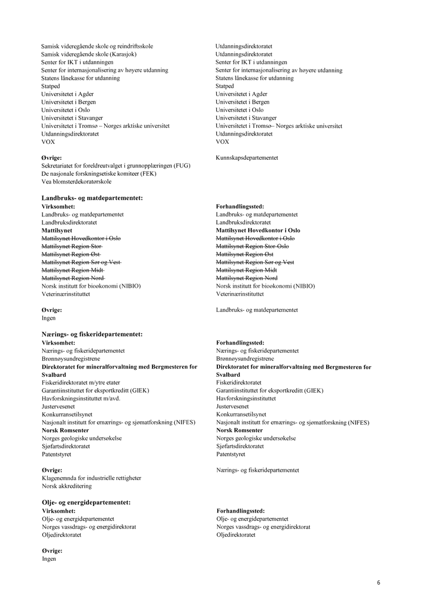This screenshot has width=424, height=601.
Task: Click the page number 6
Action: tap(379, 583)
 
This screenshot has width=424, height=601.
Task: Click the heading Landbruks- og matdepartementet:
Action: tap(92, 198)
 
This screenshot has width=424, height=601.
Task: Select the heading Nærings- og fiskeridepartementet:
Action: tap(92, 334)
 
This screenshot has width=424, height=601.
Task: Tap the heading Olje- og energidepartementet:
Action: tap(86, 503)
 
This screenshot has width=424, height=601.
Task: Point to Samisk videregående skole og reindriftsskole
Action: tap(97, 46)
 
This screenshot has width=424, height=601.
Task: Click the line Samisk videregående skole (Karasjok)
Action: tap(89, 54)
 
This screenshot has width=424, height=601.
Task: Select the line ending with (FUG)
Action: tap(115, 166)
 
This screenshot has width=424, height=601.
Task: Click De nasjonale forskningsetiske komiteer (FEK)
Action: tap(99, 174)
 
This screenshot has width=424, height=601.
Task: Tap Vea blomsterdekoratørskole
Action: tap(77, 182)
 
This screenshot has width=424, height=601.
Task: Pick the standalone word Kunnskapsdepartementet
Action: tap(247, 157)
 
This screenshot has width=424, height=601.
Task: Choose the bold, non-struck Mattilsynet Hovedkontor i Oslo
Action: tap(258, 231)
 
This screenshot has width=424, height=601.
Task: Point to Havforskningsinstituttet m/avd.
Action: tap(81, 399)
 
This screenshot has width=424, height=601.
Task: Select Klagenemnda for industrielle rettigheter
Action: tap(91, 478)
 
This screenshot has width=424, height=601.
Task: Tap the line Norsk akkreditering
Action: tap(67, 486)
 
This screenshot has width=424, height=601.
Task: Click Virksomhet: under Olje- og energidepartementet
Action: tap(58, 511)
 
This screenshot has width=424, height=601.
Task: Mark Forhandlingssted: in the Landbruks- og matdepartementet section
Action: tap(240, 206)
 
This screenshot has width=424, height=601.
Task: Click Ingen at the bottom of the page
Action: tap(49, 559)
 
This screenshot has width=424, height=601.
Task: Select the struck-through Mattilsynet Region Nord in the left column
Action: tap(73, 278)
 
